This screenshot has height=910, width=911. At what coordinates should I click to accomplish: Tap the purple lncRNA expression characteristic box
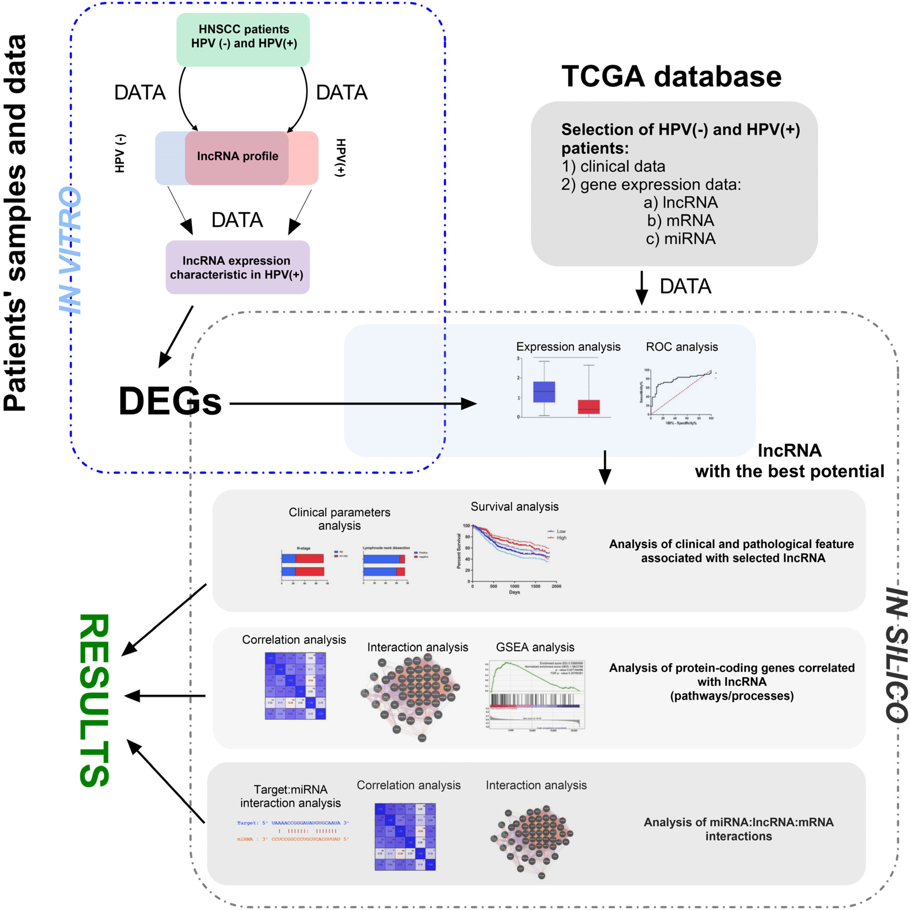[237, 267]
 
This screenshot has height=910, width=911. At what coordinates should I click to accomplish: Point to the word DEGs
[170, 401]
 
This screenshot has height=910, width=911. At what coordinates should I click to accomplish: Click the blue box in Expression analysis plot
[544, 392]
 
